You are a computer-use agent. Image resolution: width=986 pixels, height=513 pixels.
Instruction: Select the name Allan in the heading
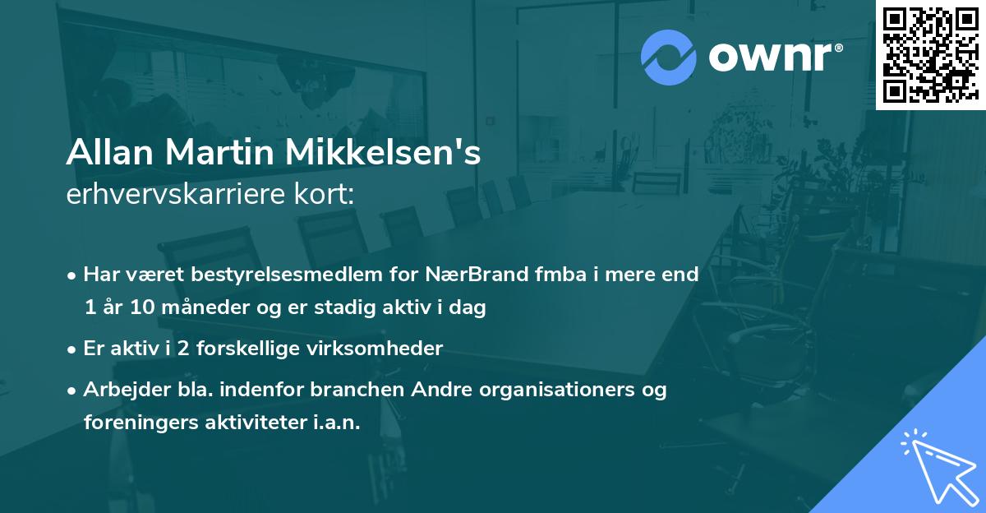point(113,154)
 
